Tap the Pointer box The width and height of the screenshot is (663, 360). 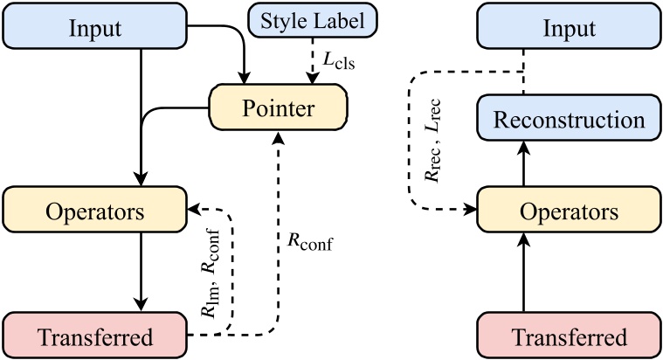click(279, 109)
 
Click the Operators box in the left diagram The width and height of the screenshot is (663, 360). click(95, 212)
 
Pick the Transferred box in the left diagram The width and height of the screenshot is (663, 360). click(95, 336)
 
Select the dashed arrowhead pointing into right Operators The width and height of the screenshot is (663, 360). click(470, 211)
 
